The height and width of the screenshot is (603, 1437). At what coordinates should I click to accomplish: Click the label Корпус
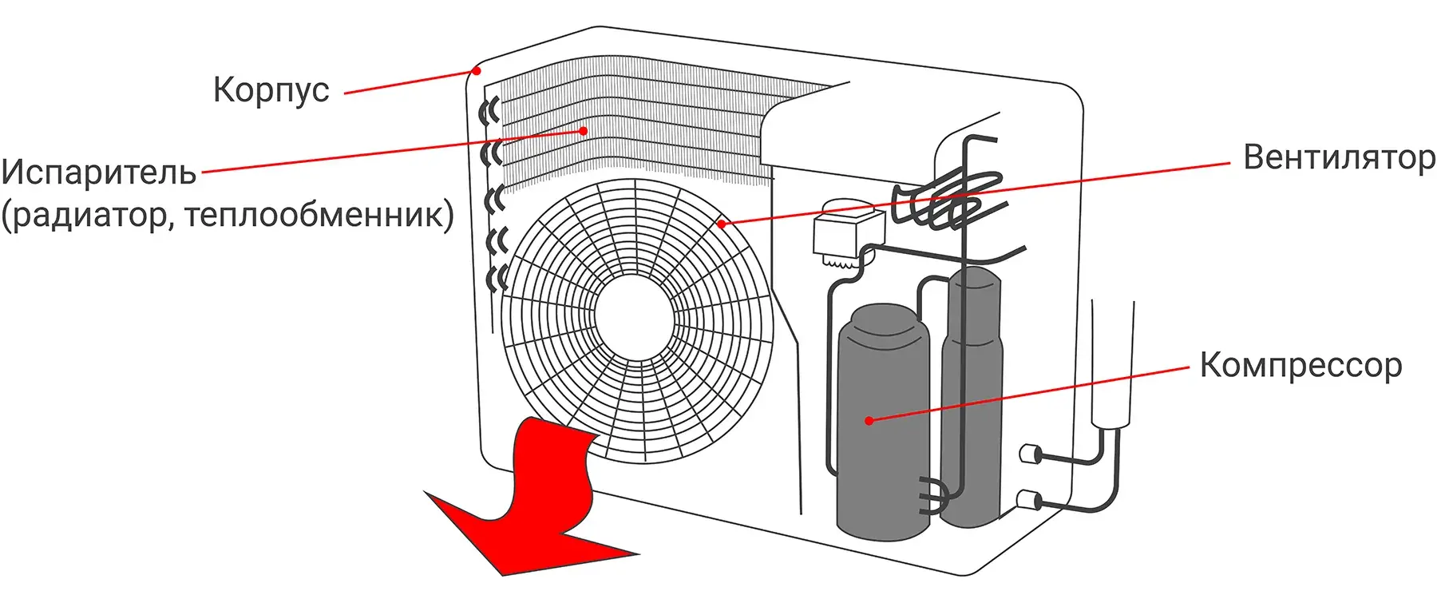pyautogui.click(x=271, y=90)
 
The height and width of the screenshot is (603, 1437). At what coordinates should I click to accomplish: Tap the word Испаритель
pyautogui.click(x=99, y=173)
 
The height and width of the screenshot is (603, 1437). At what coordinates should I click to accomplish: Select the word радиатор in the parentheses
pyautogui.click(x=88, y=215)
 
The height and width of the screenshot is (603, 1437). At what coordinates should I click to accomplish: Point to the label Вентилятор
pyautogui.click(x=1339, y=157)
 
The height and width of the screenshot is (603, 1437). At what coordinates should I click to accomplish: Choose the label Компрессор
pyautogui.click(x=1300, y=365)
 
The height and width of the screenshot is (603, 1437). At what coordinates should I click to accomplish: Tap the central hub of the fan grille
pyautogui.click(x=634, y=319)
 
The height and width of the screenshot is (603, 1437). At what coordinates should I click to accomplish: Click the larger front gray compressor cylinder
pyautogui.click(x=882, y=423)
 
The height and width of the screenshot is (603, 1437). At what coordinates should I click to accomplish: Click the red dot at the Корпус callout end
pyautogui.click(x=477, y=70)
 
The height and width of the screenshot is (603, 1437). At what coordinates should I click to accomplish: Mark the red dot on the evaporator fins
pyautogui.click(x=584, y=130)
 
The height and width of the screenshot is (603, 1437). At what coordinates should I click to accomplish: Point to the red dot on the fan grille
pyautogui.click(x=721, y=224)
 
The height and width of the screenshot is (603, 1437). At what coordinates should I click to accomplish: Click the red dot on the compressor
pyautogui.click(x=869, y=420)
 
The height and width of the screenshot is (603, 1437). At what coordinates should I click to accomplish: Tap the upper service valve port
pyautogui.click(x=1030, y=454)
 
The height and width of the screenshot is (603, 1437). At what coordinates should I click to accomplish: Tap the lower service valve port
pyautogui.click(x=1028, y=501)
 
